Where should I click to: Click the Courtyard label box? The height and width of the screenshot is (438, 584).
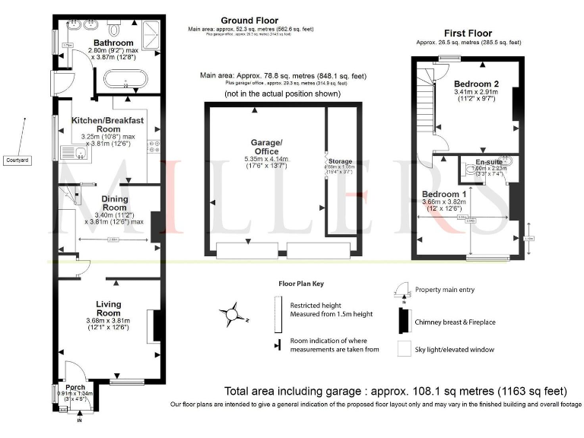tap(17, 160)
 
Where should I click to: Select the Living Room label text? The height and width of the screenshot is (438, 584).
tap(109, 308)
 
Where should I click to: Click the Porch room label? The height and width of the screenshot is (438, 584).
tap(75, 386)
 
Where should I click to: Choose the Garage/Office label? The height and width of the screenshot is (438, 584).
tap(266, 147)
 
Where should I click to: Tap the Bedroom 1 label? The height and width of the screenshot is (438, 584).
tap(444, 194)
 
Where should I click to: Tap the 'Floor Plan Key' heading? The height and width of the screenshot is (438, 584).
tap(300, 284)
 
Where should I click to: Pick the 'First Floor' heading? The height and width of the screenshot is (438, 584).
tap(468, 33)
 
